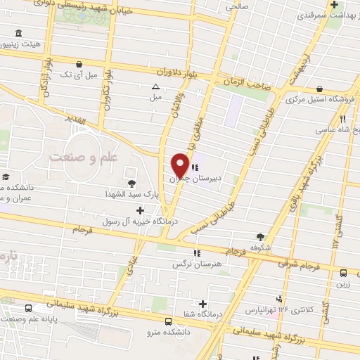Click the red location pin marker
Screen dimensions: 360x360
coord(180,165)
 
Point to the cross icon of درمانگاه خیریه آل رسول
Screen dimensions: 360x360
coord(141,210)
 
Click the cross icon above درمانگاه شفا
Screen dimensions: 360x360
coord(203,304)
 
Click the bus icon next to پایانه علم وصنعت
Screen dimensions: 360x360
coord(29,309)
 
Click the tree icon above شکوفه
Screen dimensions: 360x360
coord(261,237)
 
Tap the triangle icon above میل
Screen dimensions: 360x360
coord(155,86)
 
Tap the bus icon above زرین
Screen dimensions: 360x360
coord(344,273)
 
